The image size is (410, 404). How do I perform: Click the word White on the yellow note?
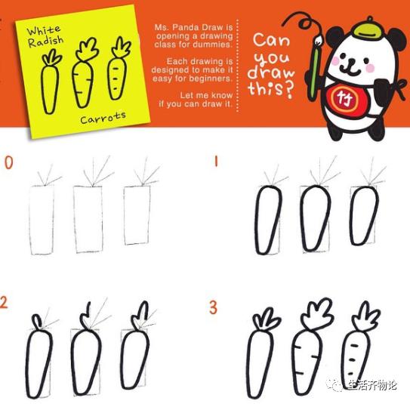click(44, 30)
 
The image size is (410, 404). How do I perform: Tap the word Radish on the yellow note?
click(46, 42)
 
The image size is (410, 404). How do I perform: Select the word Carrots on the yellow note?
click(103, 118)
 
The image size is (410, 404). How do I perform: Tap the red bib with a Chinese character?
click(344, 100)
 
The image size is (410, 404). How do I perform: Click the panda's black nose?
click(350, 61)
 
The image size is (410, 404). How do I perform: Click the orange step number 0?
click(8, 162)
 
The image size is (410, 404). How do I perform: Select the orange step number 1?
click(216, 162)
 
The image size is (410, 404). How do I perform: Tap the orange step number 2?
click(4, 302)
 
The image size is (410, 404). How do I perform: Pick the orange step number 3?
click(213, 307)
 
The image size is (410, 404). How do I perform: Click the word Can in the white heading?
click(271, 41)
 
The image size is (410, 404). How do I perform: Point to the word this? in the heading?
click(270, 90)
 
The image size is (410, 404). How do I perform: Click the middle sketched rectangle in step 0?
click(88, 219)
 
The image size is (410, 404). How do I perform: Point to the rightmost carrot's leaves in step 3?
click(365, 316)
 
